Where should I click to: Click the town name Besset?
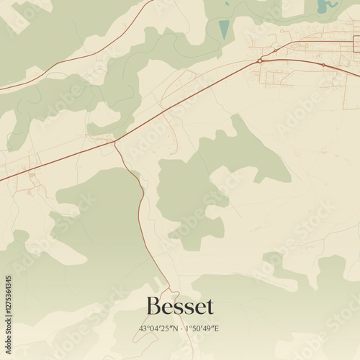(180, 307)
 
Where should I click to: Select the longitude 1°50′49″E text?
(202, 328)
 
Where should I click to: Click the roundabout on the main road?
(260, 61)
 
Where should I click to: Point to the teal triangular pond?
(224, 30)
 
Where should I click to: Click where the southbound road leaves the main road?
(115, 141)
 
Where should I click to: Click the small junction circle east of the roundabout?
(323, 66)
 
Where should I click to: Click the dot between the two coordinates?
(181, 328)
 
